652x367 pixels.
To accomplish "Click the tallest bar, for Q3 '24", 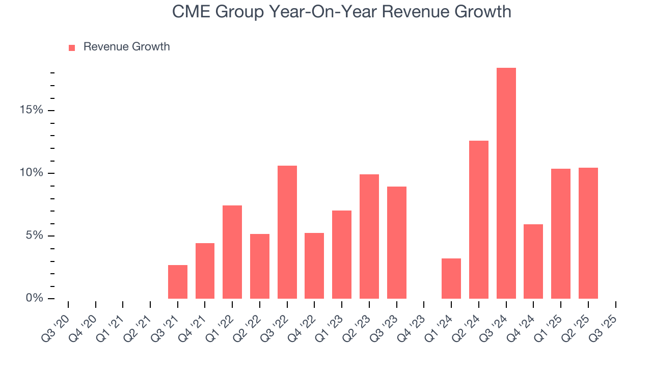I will pos(506,183).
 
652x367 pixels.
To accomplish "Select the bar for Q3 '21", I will pos(178,282).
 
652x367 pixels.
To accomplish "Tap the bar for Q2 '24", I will pos(479,220).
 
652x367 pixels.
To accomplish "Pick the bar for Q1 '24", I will pos(451,278).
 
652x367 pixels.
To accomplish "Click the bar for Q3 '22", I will pos(287,232).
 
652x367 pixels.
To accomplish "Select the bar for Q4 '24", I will pos(533,261).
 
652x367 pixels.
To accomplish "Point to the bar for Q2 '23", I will pos(369,237).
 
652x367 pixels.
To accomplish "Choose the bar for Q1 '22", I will pos(232,252).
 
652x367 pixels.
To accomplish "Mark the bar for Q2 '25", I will pos(588,233).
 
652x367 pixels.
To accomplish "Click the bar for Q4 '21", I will pos(205,271).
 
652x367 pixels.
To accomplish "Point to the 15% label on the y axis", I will pos(31,111).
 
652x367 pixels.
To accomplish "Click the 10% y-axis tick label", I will pos(31,173).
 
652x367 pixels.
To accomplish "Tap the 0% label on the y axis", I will pos(34,298).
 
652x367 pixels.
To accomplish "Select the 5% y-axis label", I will pos(34,236).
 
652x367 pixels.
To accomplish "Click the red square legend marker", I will pos(72,47).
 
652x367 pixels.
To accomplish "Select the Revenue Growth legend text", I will pos(126,47).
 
